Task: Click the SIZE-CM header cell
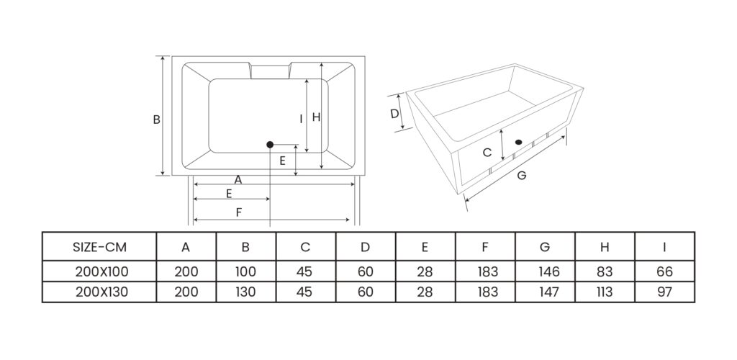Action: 100,247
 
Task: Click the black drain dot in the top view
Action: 270,145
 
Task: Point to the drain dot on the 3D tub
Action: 517,141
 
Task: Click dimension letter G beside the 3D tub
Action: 522,175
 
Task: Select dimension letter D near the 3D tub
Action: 394,114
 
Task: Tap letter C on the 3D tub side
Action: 487,153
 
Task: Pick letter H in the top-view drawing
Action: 315,117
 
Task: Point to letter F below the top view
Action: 238,211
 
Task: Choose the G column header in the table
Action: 545,247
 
